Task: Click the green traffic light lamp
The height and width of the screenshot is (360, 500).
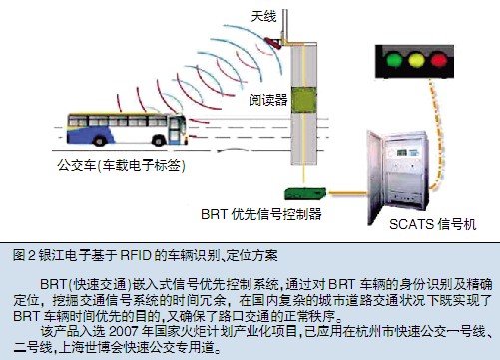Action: click(x=394, y=59)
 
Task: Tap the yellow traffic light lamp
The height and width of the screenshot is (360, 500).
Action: click(x=416, y=60)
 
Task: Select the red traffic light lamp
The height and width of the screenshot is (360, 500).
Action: click(x=438, y=60)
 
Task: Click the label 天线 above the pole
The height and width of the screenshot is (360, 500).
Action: click(x=263, y=16)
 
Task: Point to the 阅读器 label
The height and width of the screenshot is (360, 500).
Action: click(x=268, y=100)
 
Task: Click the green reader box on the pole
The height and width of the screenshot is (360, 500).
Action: click(x=303, y=100)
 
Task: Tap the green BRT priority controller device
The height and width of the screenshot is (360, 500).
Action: click(x=305, y=193)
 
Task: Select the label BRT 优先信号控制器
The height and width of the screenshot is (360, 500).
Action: click(x=261, y=214)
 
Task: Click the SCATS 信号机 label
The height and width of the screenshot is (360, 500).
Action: click(x=433, y=224)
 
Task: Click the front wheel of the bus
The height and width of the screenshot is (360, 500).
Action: click(x=159, y=140)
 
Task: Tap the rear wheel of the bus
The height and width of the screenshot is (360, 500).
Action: click(x=99, y=140)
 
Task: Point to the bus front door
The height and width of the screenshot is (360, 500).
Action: click(x=174, y=130)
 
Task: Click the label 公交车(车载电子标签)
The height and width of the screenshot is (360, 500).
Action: click(x=121, y=165)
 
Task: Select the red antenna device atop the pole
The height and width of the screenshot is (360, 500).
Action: click(x=273, y=43)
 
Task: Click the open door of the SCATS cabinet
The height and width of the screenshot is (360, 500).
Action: click(x=375, y=178)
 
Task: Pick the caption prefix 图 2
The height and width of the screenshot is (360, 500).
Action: click(x=24, y=255)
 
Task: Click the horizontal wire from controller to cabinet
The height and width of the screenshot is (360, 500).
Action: click(x=346, y=192)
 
